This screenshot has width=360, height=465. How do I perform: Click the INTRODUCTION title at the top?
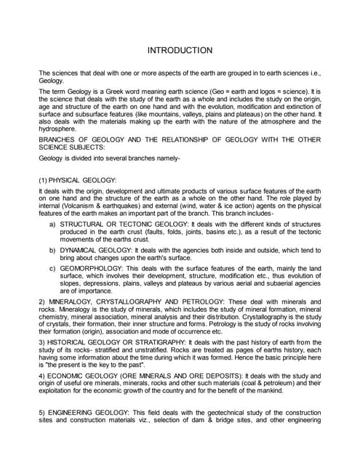(180, 50)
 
